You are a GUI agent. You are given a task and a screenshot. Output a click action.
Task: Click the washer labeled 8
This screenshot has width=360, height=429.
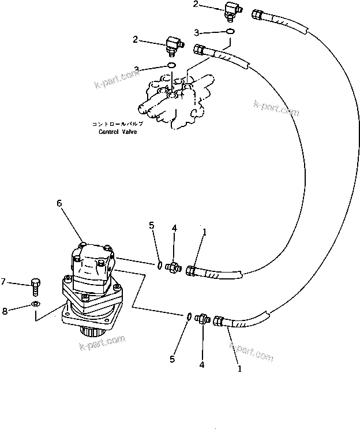36,304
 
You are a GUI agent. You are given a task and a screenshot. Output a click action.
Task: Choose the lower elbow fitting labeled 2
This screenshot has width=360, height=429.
172,43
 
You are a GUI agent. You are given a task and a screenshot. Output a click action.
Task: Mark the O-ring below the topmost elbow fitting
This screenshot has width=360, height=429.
230,31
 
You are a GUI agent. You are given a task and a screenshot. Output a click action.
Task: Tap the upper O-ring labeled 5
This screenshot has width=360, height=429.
157,265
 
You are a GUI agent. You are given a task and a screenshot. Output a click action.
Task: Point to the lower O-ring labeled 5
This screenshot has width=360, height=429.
188,316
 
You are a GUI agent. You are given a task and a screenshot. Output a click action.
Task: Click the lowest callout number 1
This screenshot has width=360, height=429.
239,367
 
